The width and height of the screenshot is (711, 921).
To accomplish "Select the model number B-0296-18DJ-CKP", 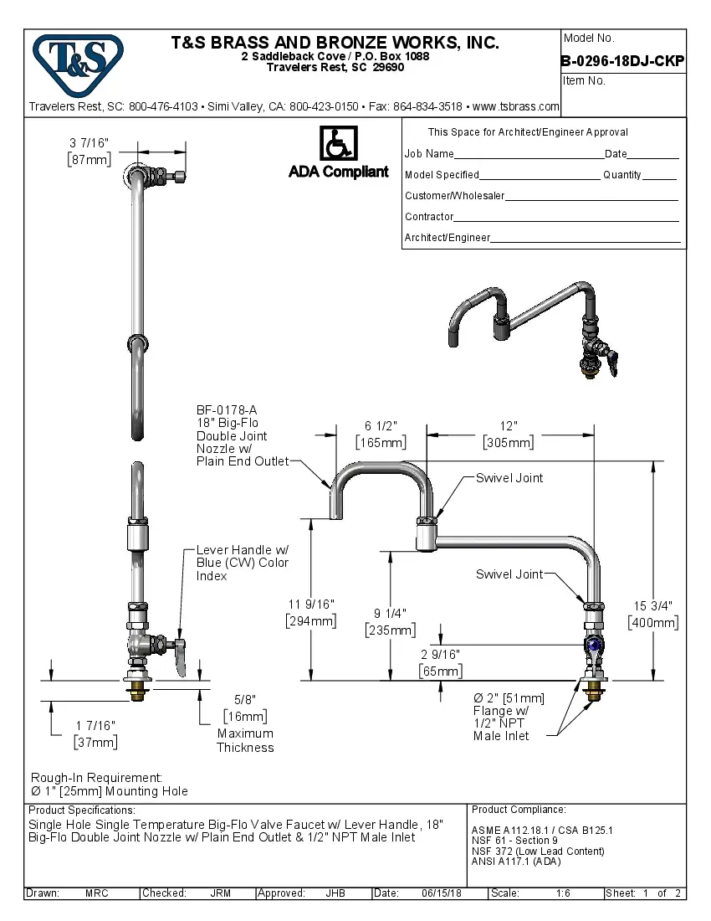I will pyautogui.click(x=622, y=60).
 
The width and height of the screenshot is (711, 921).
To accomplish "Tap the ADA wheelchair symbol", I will pyautogui.click(x=338, y=145).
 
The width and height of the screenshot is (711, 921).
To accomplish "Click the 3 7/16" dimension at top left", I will pyautogui.click(x=90, y=143).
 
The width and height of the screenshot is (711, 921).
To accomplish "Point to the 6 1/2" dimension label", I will pyautogui.click(x=381, y=425).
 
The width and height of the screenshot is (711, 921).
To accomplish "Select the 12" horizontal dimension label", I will pyautogui.click(x=509, y=425).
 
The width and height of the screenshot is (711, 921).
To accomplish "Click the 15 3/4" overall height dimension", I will pyautogui.click(x=652, y=605).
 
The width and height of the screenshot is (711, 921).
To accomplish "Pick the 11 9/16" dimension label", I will pyautogui.click(x=310, y=604).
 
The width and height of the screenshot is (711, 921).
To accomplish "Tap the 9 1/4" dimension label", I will pyautogui.click(x=390, y=613).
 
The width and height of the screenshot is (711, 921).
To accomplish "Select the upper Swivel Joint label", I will pyautogui.click(x=509, y=478).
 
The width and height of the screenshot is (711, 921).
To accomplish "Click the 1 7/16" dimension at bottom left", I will pyautogui.click(x=95, y=725).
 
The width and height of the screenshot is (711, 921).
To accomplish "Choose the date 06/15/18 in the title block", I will pyautogui.click(x=442, y=893).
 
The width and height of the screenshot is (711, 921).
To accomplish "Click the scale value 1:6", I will pyautogui.click(x=563, y=893).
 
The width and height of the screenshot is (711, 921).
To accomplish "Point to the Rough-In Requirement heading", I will pyautogui.click(x=96, y=778).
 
